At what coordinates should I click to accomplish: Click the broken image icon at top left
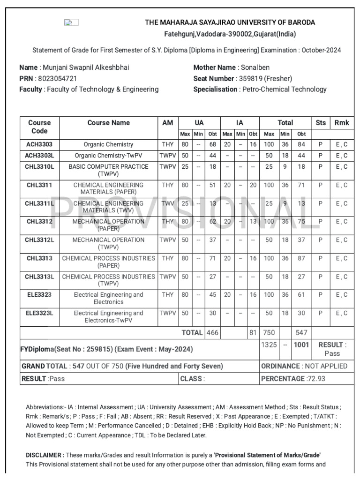[x=71, y=22]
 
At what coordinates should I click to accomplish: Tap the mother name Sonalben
[x=255, y=67]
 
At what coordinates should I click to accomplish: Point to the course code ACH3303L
[x=39, y=155]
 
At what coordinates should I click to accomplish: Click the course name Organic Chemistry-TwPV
[x=108, y=155]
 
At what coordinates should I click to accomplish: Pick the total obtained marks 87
[x=302, y=258]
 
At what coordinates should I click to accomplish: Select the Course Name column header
[x=108, y=123]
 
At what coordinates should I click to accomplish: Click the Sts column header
[x=321, y=123]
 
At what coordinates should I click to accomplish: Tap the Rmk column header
[x=342, y=123]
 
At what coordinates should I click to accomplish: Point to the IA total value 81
[x=253, y=332]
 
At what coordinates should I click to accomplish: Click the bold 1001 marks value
[x=302, y=345]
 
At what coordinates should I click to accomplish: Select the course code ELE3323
[x=39, y=295]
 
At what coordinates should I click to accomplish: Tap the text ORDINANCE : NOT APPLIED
[x=304, y=366]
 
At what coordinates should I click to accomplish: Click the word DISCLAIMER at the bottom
[x=44, y=455]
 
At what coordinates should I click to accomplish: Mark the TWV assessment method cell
[x=167, y=203]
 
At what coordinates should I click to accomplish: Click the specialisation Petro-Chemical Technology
[x=284, y=89]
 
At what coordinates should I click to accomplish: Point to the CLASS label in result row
[x=192, y=379]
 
